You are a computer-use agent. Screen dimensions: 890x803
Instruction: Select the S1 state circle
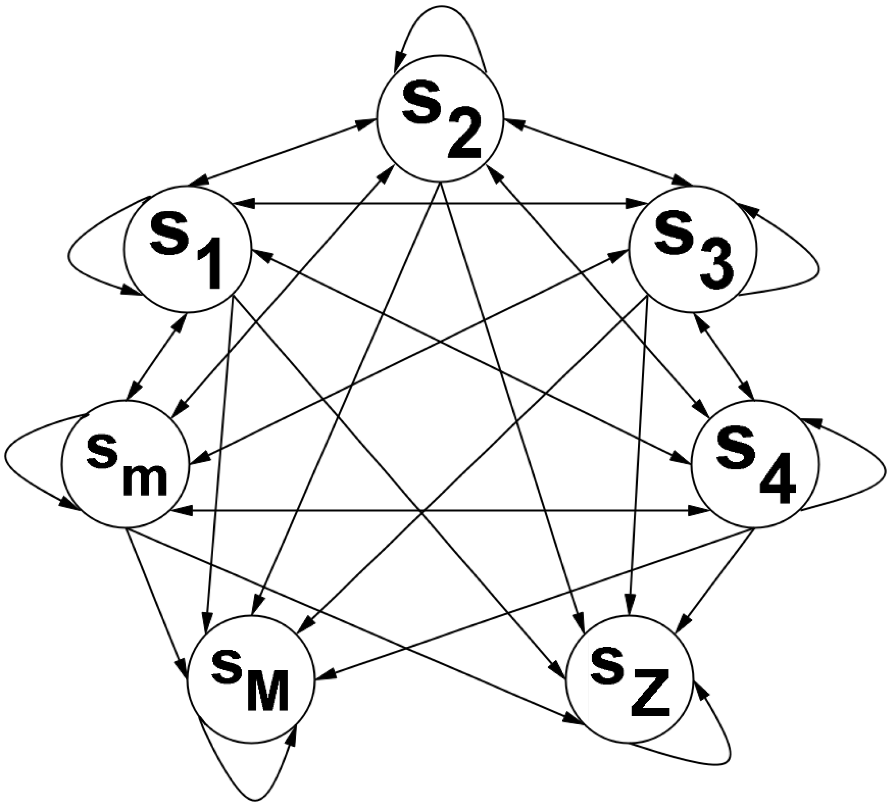[188, 249]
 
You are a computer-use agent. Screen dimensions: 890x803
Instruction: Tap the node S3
[692, 249]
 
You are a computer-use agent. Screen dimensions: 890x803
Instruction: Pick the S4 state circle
[755, 463]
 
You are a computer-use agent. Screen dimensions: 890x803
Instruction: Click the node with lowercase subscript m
[125, 463]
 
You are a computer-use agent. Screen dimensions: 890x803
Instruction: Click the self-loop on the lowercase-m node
[6, 459]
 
